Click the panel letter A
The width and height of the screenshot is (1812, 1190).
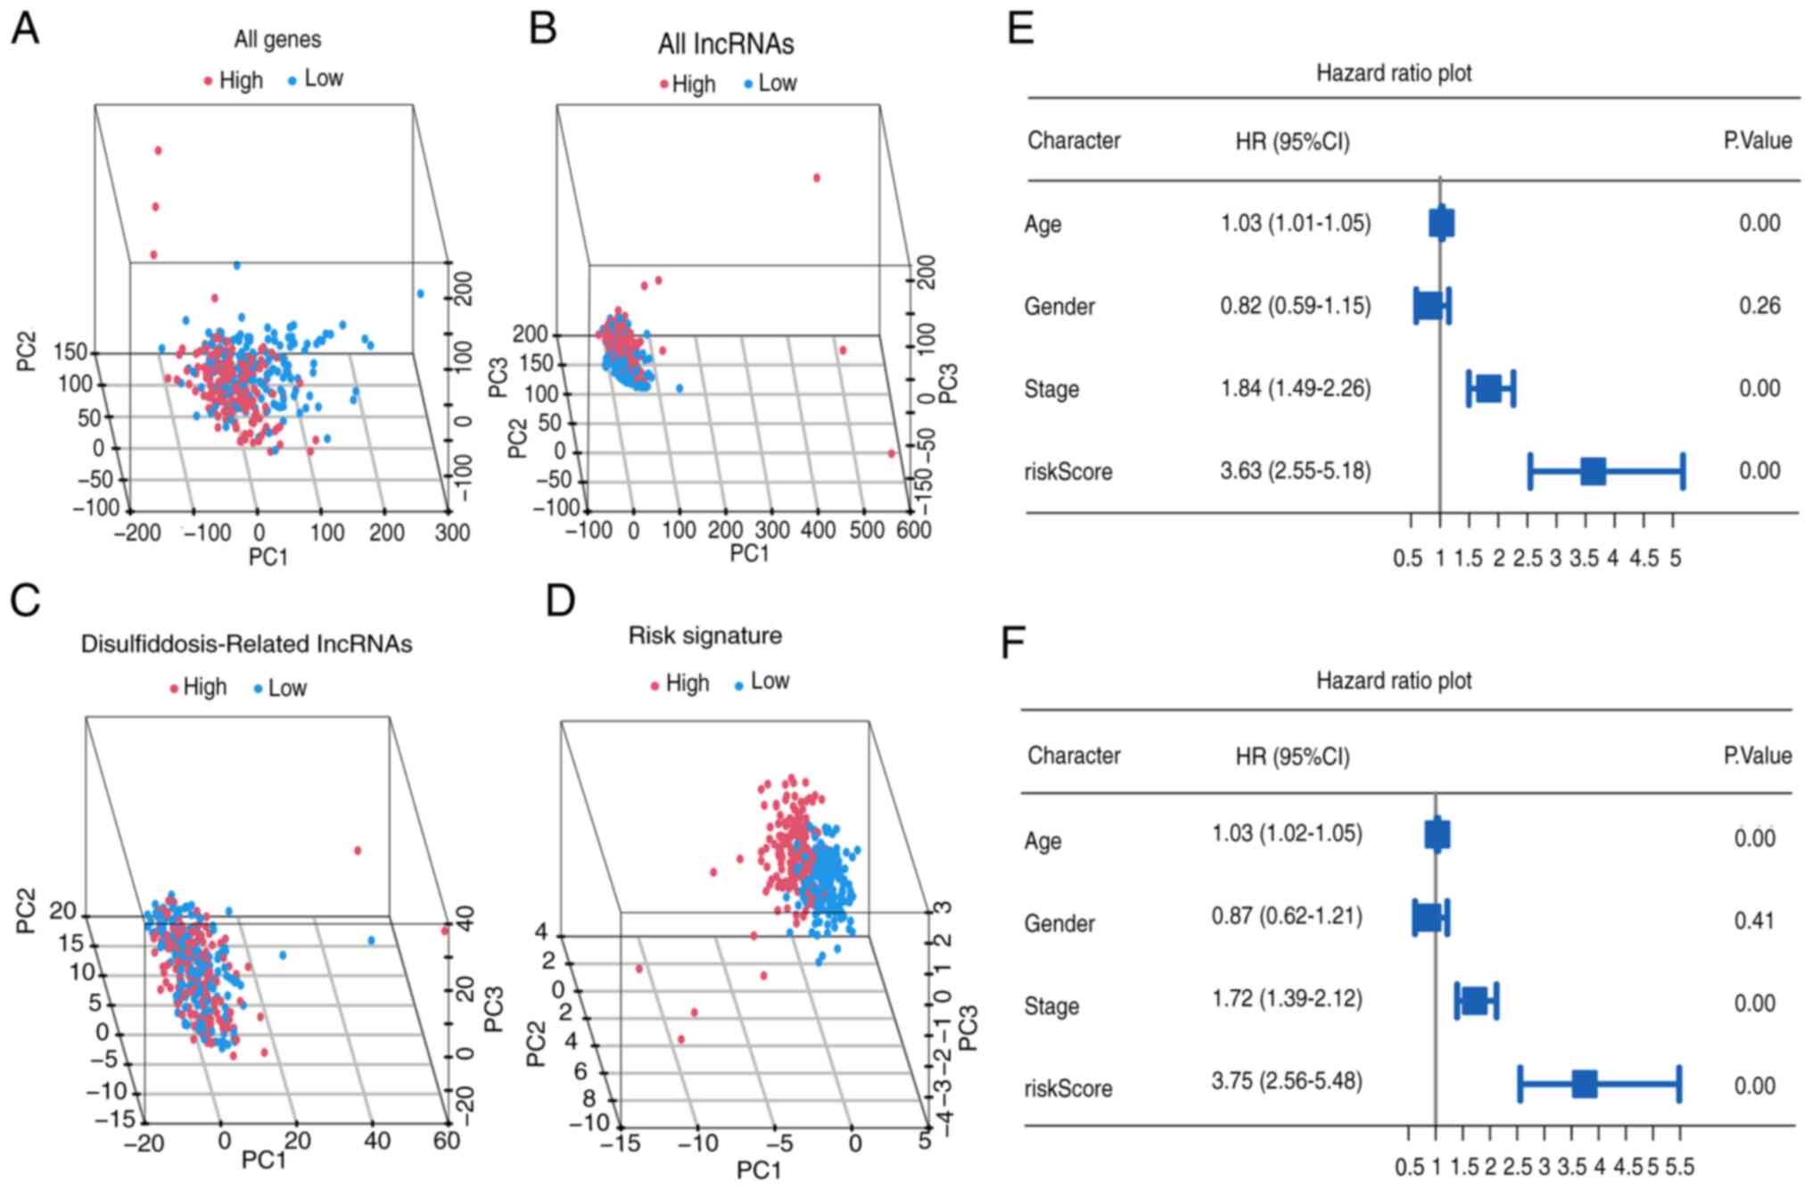point(24,29)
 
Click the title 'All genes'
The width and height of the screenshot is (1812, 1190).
point(277,39)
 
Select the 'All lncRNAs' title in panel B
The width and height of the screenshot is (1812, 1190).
point(725,44)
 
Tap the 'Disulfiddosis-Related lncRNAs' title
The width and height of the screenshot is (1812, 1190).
point(246,644)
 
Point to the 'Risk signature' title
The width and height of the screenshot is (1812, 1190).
point(704,636)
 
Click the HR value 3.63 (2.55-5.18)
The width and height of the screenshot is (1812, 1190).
point(1295,471)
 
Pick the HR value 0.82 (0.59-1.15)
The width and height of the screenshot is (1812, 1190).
point(1295,306)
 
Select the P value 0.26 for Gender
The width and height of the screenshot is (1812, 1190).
point(1758,306)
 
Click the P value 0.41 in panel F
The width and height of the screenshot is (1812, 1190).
point(1753,921)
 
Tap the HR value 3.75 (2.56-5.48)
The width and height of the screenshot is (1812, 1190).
point(1286,1082)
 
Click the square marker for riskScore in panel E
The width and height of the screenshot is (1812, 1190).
point(1593,471)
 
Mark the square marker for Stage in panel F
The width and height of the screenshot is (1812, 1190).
point(1475,1001)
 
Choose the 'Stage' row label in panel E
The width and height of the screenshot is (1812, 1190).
point(1051,390)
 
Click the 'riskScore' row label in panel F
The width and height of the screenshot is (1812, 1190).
point(1067,1089)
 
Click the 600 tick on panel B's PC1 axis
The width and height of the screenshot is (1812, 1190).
point(912,531)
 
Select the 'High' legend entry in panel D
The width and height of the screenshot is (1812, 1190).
point(686,684)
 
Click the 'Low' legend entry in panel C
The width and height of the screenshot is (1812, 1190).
point(286,689)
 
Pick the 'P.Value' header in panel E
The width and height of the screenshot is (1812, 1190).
point(1757,141)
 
